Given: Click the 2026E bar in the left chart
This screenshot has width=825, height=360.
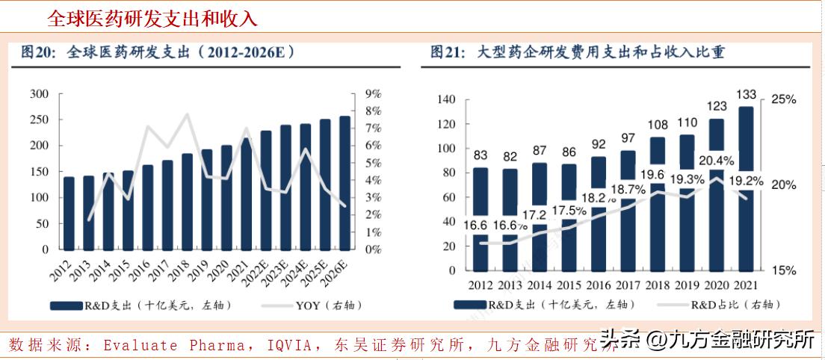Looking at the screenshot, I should tap(344, 182).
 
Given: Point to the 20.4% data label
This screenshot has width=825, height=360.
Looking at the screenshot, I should tap(715, 159).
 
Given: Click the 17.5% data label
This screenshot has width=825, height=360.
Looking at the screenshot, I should tap(569, 211).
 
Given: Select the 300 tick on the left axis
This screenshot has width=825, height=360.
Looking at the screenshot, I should tap(40, 94).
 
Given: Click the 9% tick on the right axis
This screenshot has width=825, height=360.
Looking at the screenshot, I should tap(371, 94).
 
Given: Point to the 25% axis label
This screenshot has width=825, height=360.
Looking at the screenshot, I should tap(783, 99).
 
